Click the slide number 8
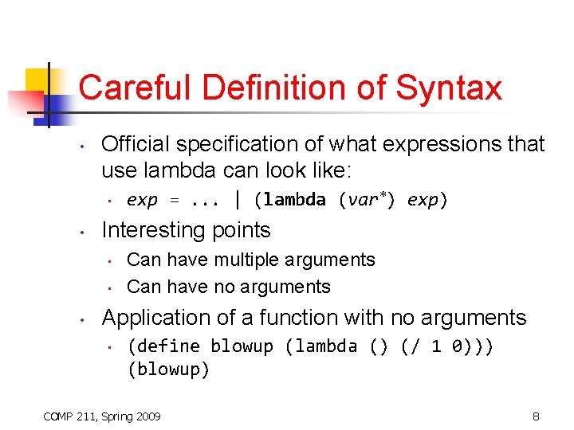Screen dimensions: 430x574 coord(537,416)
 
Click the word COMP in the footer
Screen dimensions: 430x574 coord(58,416)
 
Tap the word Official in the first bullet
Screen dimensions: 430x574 coord(136,144)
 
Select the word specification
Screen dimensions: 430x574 coord(241,144)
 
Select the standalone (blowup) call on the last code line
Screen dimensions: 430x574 coord(168,370)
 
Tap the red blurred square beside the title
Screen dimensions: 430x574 coord(26,104)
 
